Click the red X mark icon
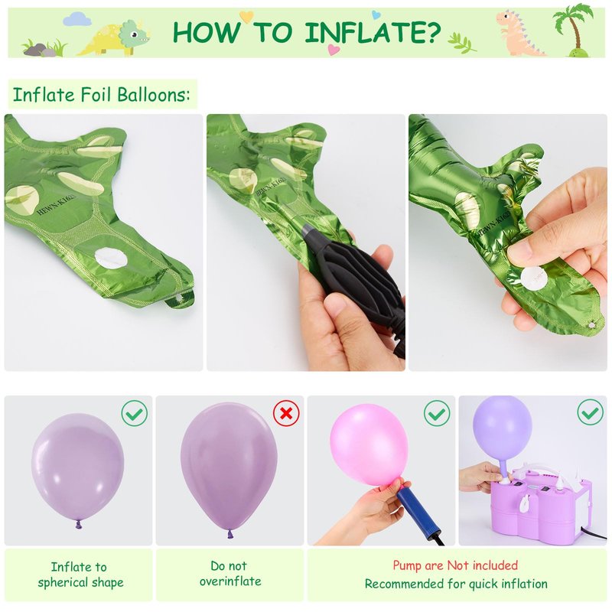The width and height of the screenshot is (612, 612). [x=286, y=413]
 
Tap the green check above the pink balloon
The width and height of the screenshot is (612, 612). [x=437, y=413]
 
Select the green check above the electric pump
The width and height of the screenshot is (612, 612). [x=590, y=412]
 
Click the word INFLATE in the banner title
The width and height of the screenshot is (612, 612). [x=373, y=32]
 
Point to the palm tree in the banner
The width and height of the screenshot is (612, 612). [x=573, y=31]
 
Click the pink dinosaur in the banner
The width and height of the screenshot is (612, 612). [x=517, y=33]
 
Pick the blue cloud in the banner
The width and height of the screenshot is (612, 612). [x=77, y=18]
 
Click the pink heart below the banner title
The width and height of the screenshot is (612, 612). [x=334, y=50]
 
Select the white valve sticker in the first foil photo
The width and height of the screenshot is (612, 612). [x=110, y=258]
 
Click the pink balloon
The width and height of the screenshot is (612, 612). [x=369, y=445]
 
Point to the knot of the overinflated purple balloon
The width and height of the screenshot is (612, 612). [x=230, y=533]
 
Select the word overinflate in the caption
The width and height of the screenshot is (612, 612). [x=230, y=581]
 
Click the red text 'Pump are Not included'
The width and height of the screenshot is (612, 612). [x=455, y=565]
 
